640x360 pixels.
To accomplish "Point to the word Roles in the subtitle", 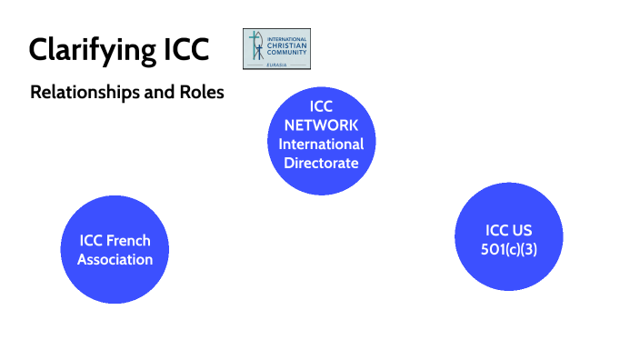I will [x=201, y=93].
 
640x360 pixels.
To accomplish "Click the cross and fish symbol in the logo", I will [x=255, y=48].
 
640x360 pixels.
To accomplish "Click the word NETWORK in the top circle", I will [x=321, y=125].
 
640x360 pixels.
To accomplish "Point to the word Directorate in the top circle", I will [x=321, y=164].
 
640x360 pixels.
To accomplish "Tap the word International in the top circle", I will [x=321, y=145].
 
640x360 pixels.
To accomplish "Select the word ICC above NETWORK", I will [x=321, y=106].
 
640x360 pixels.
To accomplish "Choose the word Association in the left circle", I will [x=115, y=259].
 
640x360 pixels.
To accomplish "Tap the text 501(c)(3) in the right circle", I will [x=509, y=249].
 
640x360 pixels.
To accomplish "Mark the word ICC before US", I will [x=496, y=230].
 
